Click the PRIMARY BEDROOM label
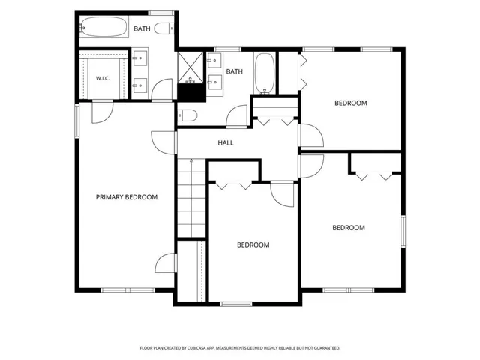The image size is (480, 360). pos(127,197)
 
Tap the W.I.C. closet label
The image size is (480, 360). pos(103,78)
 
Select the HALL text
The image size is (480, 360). pos(226,142)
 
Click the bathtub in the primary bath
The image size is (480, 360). pos(104,27)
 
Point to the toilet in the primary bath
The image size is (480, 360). pos(164,28)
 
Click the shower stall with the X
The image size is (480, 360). pos(190,67)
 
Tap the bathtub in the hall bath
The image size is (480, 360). pos(265,73)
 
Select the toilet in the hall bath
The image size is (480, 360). pos(187,115)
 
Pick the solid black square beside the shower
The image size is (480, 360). pos(192,93)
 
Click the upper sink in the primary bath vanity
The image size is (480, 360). pos(140,58)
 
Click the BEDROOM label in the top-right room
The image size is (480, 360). pos(351,103)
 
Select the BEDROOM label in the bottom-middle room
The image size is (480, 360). pos(253,245)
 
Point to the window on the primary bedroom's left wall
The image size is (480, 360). pos(77,121)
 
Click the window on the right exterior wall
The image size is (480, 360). pos(403,231)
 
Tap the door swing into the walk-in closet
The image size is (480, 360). pos(103,112)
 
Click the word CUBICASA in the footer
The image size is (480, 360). pos(199,348)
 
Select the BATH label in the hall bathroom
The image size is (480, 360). pos(235,71)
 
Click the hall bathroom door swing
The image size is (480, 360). pos(237,116)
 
